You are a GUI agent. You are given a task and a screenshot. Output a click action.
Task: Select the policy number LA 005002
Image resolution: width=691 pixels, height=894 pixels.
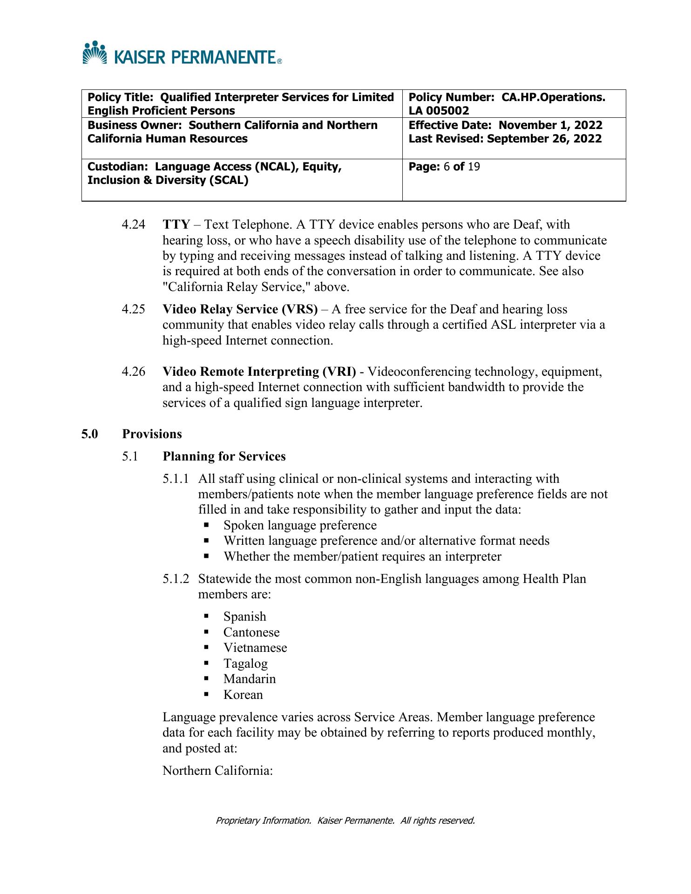[439, 111]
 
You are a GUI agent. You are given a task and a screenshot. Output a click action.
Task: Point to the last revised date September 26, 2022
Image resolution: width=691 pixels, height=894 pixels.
[544, 139]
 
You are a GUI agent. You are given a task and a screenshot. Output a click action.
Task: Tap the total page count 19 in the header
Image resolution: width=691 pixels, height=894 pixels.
[474, 167]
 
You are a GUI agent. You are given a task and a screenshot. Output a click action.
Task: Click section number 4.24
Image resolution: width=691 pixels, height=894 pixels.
[133, 225]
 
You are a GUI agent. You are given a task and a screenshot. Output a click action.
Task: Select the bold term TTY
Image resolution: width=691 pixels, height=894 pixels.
[176, 225]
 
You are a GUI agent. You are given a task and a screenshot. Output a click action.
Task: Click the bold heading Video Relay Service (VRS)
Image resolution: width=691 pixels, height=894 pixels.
[240, 310]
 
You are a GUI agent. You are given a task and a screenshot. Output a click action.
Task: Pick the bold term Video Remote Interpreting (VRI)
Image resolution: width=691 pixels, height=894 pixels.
[259, 372]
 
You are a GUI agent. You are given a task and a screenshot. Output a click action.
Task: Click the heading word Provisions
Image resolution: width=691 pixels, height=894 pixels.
[152, 434]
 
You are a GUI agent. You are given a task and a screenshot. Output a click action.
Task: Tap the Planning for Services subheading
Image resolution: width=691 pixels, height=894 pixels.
[224, 456]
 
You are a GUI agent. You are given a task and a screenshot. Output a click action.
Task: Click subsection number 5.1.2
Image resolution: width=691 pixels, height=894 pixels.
[176, 579]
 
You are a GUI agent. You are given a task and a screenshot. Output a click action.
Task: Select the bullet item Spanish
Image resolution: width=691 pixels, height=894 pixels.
[244, 616]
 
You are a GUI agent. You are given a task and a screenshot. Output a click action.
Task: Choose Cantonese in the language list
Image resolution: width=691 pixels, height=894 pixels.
[251, 632]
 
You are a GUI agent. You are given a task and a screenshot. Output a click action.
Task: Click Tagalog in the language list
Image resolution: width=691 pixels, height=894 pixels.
[245, 664]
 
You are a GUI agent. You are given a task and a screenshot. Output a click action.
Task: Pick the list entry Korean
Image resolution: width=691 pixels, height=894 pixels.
[243, 695]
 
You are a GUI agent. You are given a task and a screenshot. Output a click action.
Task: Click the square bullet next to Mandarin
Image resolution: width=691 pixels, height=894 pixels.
[206, 679]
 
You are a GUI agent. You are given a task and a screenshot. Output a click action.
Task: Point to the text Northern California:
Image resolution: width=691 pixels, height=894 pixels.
[217, 771]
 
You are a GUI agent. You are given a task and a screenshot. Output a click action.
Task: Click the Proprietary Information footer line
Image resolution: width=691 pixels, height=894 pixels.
[345, 820]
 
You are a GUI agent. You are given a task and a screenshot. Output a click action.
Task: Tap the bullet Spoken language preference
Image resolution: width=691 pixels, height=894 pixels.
[300, 525]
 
